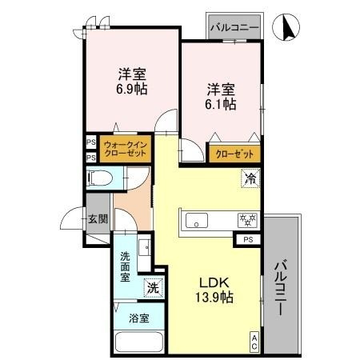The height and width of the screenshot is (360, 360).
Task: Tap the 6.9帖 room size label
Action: (132, 90)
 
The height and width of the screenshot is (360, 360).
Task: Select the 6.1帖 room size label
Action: (221, 104)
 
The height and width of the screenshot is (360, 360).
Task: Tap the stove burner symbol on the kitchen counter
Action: (245, 219)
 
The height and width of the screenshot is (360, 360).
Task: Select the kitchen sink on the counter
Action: (197, 220)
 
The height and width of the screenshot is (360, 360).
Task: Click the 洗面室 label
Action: (126, 268)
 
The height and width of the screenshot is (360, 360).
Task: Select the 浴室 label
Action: (138, 318)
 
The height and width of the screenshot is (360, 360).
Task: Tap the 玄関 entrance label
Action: (98, 219)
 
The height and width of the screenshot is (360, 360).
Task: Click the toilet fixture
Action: (98, 181)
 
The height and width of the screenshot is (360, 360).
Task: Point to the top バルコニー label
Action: (234, 27)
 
